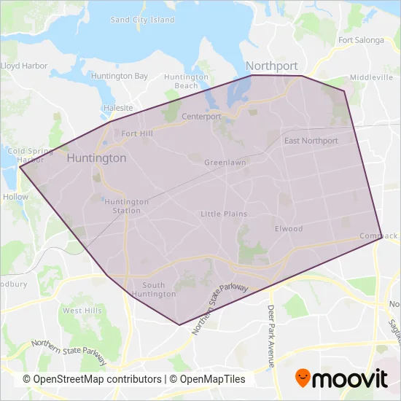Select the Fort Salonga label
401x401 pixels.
(x=361, y=40)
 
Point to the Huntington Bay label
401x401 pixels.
(x=119, y=76)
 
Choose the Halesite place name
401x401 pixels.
(x=118, y=107)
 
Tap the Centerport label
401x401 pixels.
(x=201, y=116)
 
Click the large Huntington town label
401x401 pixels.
(x=96, y=157)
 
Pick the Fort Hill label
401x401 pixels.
(x=137, y=133)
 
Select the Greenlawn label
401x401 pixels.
(x=225, y=162)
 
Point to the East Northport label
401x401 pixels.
(x=311, y=141)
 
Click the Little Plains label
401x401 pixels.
(x=224, y=214)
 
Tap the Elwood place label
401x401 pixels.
(x=289, y=228)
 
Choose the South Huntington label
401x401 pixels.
(x=159, y=289)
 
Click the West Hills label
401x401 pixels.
(x=82, y=311)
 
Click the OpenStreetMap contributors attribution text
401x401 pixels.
(x=92, y=379)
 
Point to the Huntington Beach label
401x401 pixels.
(x=187, y=81)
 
